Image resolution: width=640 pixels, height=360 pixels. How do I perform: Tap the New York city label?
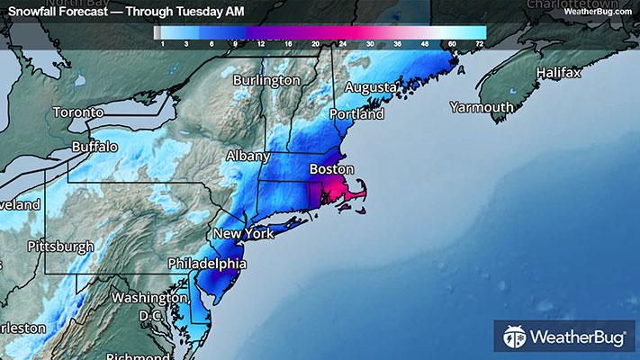(242, 234)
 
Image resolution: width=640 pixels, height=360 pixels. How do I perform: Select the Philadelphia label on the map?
(208, 265)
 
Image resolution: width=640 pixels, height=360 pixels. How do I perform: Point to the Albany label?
(248, 156)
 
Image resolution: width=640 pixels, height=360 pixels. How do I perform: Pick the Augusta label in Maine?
(371, 87)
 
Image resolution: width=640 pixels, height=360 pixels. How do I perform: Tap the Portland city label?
(356, 114)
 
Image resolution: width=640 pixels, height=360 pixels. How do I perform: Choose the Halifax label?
(561, 71)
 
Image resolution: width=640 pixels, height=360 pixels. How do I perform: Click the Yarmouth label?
(482, 107)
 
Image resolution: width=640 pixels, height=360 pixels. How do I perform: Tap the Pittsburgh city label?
(60, 246)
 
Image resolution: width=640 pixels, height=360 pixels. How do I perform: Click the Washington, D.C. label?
(149, 306)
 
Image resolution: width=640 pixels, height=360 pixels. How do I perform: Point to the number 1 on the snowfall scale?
(162, 43)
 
